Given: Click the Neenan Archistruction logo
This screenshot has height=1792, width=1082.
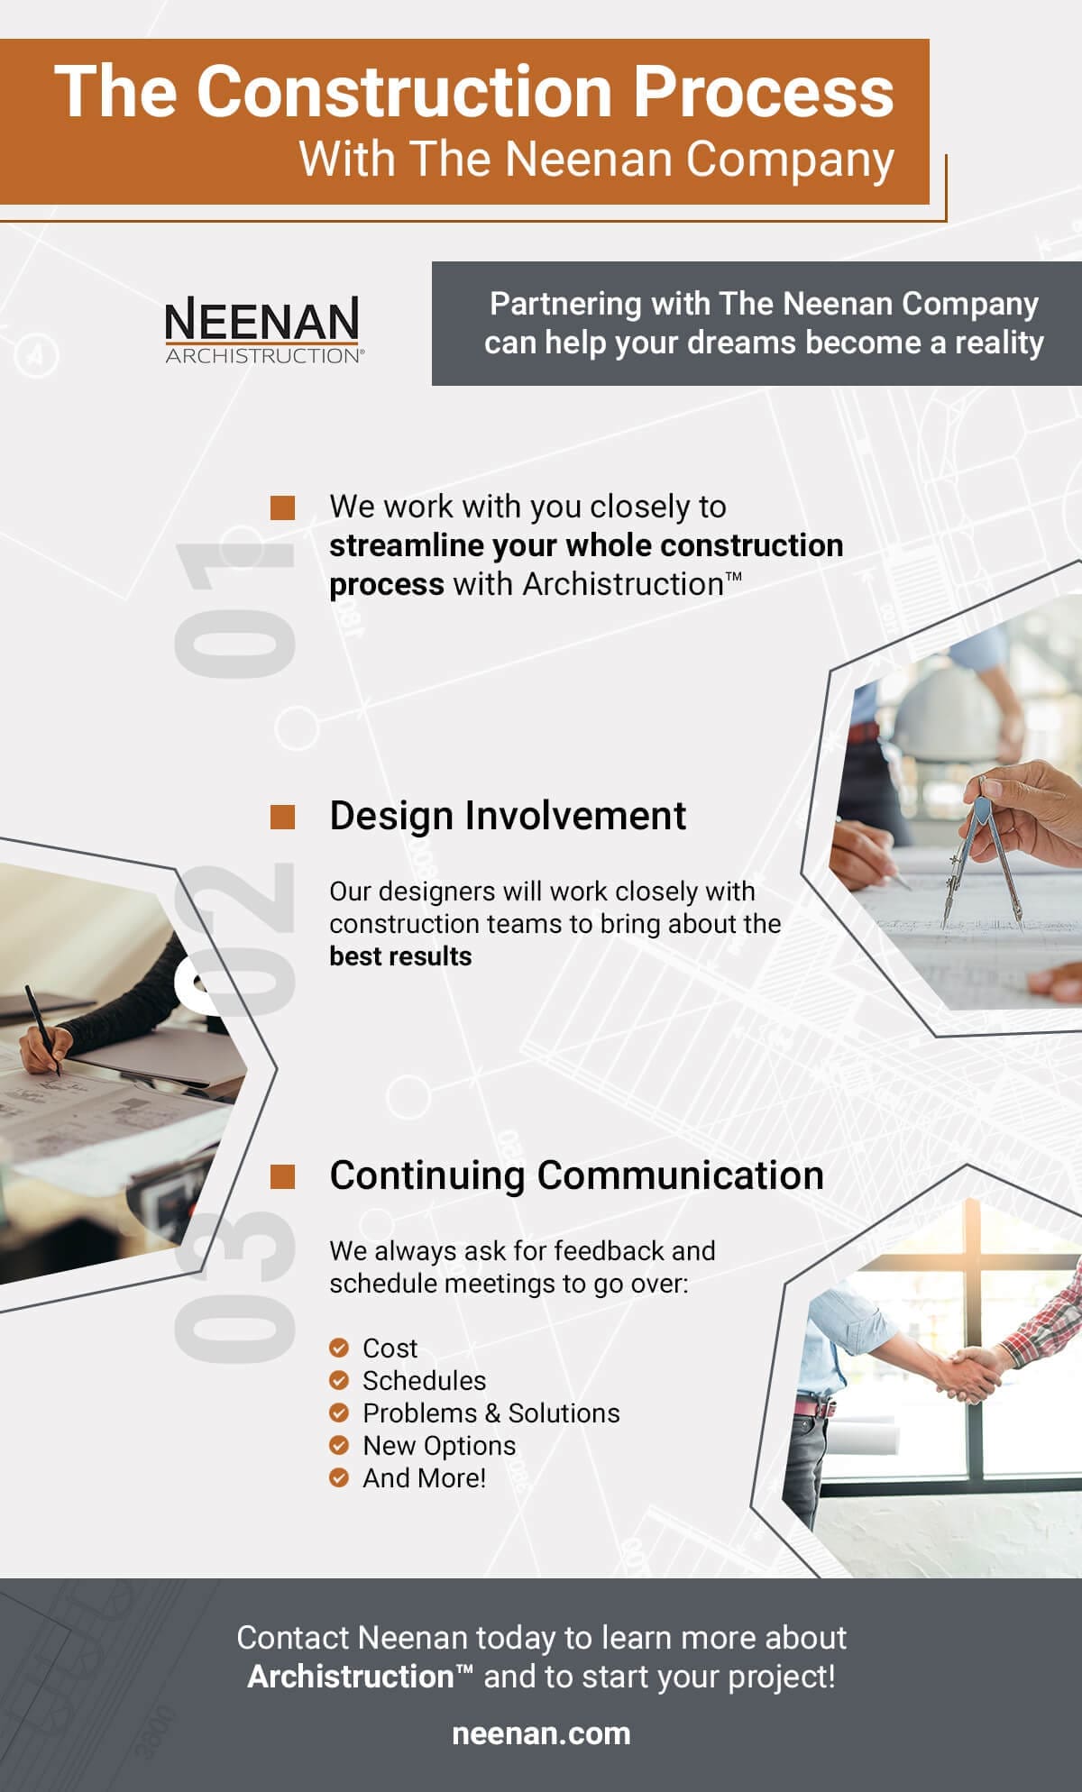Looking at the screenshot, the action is (x=264, y=330).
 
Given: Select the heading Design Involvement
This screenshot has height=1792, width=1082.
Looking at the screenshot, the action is (x=508, y=816).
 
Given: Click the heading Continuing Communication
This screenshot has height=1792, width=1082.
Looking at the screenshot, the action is (x=577, y=1175).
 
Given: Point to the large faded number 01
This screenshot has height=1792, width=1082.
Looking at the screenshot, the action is (x=235, y=610).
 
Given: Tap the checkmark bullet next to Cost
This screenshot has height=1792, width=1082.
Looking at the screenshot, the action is (x=339, y=1348).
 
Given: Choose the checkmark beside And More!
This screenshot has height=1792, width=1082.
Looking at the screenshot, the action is (x=339, y=1477).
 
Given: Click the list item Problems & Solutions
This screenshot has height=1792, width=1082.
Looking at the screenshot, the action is (x=491, y=1413).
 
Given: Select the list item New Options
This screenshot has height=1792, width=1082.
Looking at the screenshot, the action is (x=439, y=1445).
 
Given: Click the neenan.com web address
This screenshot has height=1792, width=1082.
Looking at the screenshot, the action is (x=541, y=1733).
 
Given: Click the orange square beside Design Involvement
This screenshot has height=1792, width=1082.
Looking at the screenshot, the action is (x=283, y=817).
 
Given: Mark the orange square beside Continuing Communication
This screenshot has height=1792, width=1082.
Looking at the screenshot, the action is (x=283, y=1176).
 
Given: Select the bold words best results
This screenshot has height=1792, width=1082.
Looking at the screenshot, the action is (x=400, y=955).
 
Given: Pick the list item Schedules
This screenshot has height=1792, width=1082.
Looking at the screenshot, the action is (x=424, y=1380).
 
